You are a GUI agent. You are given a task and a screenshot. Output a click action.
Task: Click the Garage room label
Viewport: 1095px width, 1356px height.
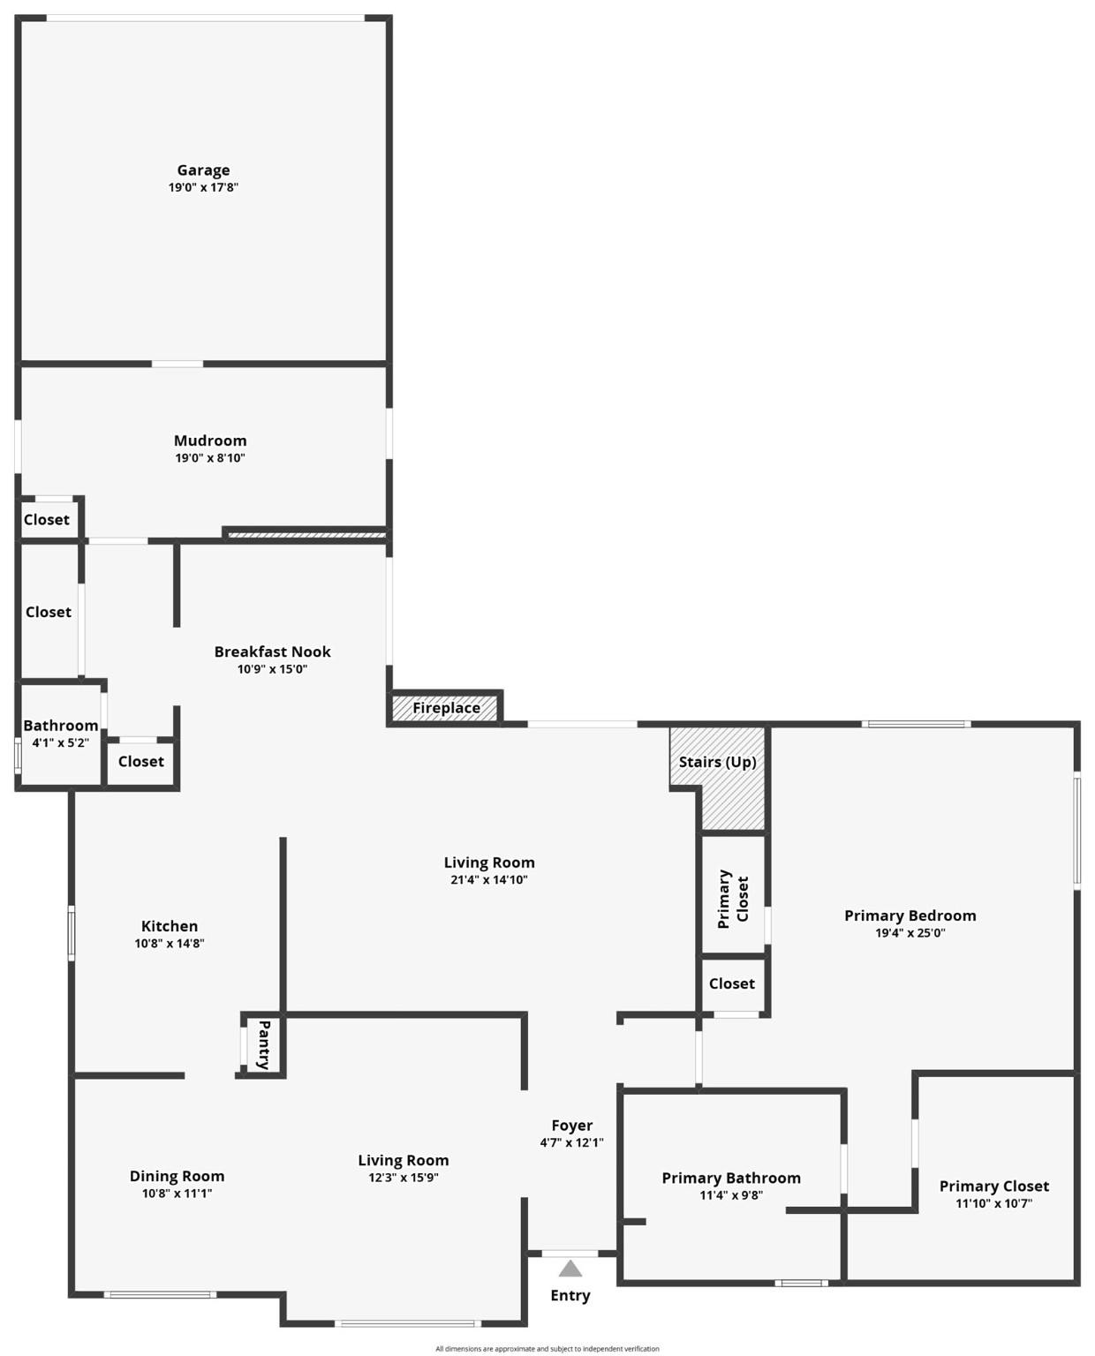tap(203, 170)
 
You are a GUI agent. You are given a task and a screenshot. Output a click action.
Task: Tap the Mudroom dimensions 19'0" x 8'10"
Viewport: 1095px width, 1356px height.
tap(210, 458)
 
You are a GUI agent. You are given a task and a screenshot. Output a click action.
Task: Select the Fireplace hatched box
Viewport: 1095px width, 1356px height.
tap(446, 708)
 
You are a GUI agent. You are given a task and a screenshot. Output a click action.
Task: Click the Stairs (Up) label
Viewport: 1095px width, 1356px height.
tap(717, 762)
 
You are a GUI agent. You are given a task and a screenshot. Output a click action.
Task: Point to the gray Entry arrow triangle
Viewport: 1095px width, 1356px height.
tap(570, 1269)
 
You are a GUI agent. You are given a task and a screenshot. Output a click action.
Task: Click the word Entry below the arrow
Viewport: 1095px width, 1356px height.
tap(570, 1295)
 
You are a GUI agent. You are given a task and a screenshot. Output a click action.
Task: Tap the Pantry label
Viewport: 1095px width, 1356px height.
tap(263, 1044)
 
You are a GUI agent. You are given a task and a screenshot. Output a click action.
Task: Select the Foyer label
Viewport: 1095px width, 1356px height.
tap(572, 1126)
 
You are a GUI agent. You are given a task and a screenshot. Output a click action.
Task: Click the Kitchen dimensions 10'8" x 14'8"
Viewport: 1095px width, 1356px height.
tap(170, 944)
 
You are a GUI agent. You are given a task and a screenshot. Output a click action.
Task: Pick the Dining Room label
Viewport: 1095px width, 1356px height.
tap(177, 1176)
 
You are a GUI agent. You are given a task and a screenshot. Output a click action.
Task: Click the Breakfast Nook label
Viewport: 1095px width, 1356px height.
tap(272, 652)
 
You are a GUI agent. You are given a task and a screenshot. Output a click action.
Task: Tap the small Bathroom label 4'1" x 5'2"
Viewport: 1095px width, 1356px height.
tap(60, 727)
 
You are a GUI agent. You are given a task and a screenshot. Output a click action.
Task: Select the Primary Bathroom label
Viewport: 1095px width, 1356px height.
tap(731, 1179)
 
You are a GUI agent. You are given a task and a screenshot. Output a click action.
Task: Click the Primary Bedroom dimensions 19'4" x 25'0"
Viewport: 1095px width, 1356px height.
tap(910, 933)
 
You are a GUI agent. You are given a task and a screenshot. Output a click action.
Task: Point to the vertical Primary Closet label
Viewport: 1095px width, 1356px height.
tap(733, 899)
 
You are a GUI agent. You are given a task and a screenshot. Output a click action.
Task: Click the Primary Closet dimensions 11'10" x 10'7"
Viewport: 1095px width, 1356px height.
tap(994, 1203)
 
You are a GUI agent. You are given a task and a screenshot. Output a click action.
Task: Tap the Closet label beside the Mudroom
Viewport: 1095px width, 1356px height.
tap(46, 520)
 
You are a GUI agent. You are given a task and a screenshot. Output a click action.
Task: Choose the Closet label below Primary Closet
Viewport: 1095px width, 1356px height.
tap(732, 983)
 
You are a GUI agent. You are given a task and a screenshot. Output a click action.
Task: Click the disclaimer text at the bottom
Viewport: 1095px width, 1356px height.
tap(547, 1349)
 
